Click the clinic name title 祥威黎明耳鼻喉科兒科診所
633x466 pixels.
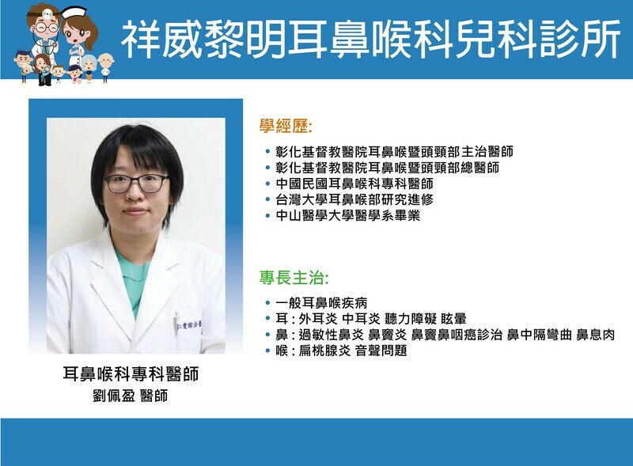tap(370, 40)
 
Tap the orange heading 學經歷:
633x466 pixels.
tap(286, 127)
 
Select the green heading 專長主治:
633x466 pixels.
tap(294, 278)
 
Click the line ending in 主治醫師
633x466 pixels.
tap(394, 152)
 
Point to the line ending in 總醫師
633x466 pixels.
tap(388, 168)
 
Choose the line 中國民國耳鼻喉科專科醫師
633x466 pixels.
tap(354, 184)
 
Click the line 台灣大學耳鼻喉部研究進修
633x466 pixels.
tap(354, 199)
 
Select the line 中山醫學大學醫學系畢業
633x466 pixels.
tap(348, 215)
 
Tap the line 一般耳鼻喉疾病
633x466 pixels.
tap(321, 303)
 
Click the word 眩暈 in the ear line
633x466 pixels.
tap(453, 319)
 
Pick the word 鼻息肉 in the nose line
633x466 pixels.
tap(596, 335)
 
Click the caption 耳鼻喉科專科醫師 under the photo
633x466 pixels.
tap(131, 374)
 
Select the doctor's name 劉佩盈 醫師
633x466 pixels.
tap(130, 396)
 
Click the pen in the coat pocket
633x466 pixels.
tap(176, 322)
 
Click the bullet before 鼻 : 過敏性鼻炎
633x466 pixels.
tap(267, 335)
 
